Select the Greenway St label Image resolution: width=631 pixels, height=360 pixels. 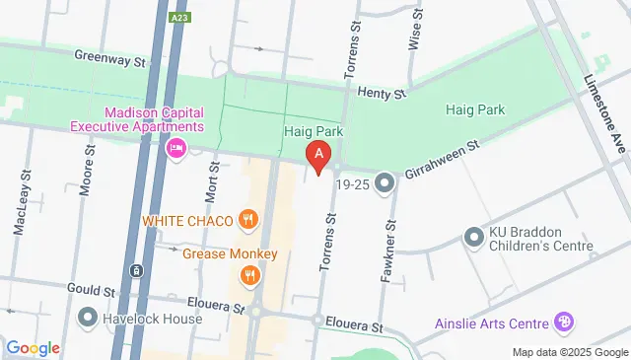(x=110, y=60)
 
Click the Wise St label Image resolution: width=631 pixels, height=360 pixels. (x=414, y=34)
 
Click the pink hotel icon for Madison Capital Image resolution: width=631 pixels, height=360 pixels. (x=177, y=149)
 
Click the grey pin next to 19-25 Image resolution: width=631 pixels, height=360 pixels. (x=384, y=182)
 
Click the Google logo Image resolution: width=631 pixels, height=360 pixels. (x=33, y=347)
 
